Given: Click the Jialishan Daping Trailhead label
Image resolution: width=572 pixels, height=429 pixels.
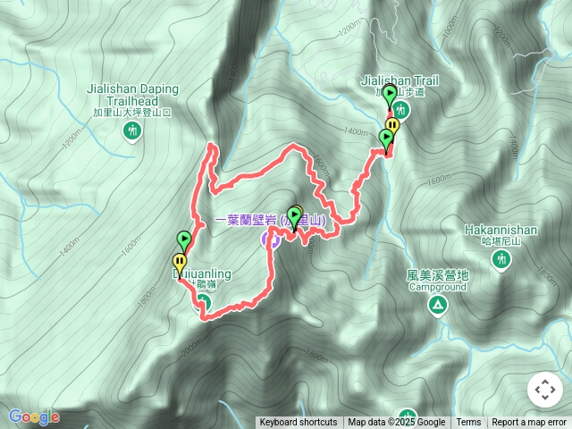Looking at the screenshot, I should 133,95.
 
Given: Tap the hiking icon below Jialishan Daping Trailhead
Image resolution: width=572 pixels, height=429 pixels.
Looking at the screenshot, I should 133,132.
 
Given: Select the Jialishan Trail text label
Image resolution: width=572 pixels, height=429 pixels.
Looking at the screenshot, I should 400,80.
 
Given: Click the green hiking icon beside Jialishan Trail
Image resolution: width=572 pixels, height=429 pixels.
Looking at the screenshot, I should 400,110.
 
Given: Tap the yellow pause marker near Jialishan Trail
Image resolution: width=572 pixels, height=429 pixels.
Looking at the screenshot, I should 392,125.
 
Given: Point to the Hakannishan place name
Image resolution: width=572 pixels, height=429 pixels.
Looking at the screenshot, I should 500,230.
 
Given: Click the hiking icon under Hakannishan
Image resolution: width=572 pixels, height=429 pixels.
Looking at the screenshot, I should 500,259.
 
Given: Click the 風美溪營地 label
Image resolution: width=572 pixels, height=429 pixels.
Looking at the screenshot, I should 437,276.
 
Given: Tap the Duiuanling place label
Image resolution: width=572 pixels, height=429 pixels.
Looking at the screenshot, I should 201,274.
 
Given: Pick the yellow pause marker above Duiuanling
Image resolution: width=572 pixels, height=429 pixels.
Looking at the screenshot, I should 180,263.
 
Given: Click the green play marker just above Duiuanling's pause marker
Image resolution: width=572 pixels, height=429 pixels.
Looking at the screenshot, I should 184,240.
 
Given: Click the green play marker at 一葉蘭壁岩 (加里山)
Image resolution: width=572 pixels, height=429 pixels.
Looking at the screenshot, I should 295,215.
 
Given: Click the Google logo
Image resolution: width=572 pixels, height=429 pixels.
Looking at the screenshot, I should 34,416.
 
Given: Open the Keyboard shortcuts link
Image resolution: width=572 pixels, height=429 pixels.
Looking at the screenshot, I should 299,423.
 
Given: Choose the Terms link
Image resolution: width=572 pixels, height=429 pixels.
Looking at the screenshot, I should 468,423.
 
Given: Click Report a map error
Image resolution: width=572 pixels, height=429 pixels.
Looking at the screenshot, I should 529,423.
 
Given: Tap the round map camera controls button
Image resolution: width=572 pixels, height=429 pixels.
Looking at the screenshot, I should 544,390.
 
